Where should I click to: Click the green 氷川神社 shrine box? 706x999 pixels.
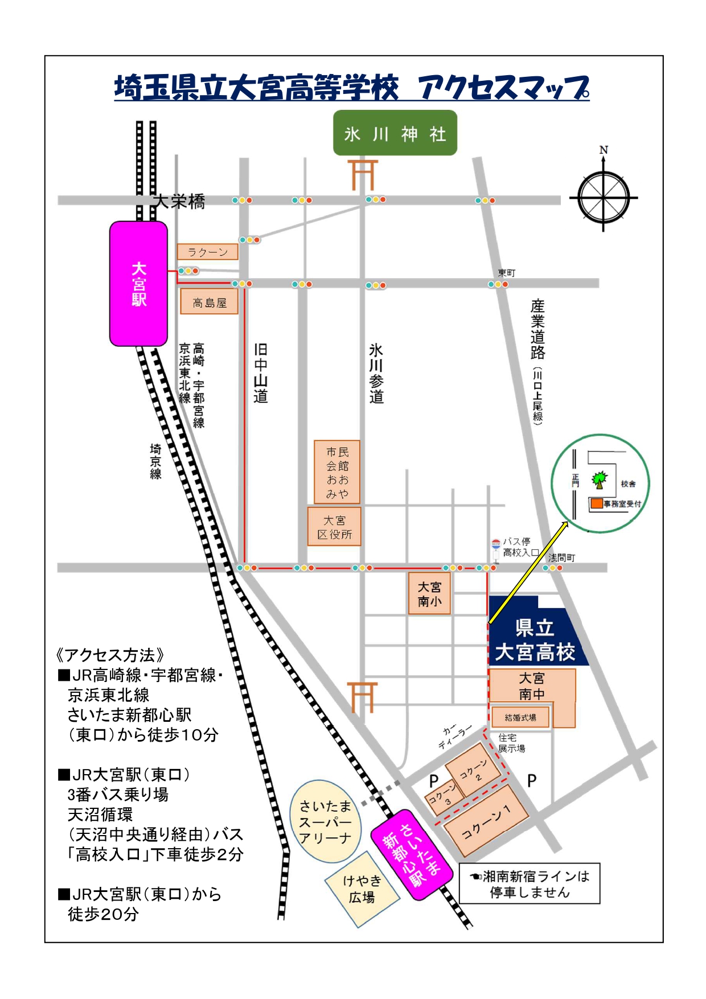(395, 133)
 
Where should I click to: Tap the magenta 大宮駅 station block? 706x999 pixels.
(138, 283)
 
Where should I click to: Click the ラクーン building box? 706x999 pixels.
(207, 252)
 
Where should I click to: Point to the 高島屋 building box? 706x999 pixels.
(209, 302)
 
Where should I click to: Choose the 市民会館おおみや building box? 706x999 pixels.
(337, 472)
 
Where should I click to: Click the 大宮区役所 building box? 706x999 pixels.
(334, 527)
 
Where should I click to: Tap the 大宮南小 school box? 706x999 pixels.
(429, 594)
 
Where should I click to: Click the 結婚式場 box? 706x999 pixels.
(520, 717)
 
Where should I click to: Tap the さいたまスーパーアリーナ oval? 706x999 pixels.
(325, 821)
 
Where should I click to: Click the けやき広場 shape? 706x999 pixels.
(362, 889)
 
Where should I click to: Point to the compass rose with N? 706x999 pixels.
(604, 197)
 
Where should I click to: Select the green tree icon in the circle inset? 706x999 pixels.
(599, 479)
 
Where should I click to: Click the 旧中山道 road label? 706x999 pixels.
(260, 373)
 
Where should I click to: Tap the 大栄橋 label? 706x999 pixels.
(179, 201)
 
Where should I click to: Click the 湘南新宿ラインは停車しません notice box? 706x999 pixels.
(529, 883)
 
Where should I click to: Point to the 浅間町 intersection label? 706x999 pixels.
(561, 557)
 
